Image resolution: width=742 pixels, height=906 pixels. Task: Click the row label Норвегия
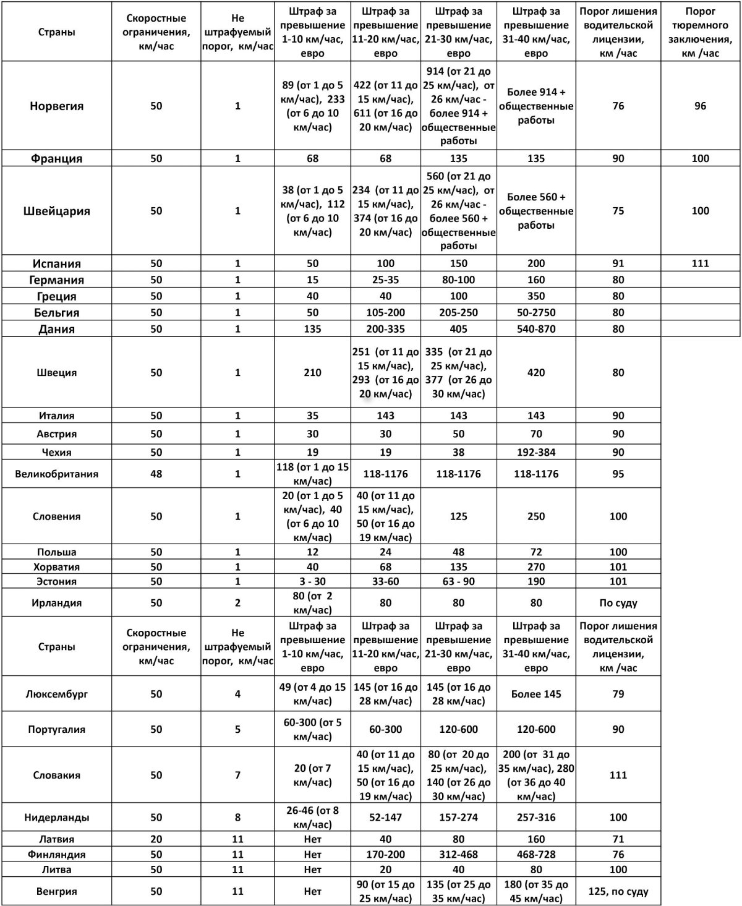pyautogui.click(x=56, y=106)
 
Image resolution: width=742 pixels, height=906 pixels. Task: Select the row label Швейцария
pyautogui.click(x=56, y=211)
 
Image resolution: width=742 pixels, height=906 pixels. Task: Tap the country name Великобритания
pyautogui.click(x=56, y=474)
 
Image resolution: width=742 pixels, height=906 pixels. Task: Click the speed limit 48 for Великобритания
pyautogui.click(x=156, y=474)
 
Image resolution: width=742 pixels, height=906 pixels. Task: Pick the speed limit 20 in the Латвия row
pyautogui.click(x=156, y=839)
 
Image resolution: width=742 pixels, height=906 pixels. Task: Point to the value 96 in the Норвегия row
pyautogui.click(x=700, y=106)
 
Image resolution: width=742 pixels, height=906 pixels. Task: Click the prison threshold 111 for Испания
pyautogui.click(x=700, y=263)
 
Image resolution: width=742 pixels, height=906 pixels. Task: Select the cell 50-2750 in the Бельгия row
pyautogui.click(x=536, y=312)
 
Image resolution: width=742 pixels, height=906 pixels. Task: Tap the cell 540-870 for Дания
pyautogui.click(x=536, y=329)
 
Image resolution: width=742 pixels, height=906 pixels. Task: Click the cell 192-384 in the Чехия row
pyautogui.click(x=536, y=452)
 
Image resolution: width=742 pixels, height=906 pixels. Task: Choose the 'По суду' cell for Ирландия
pyautogui.click(x=618, y=603)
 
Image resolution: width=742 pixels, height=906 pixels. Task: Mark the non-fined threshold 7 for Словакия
pyautogui.click(x=238, y=775)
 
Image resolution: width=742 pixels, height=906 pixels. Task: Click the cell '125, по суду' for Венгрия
pyautogui.click(x=618, y=891)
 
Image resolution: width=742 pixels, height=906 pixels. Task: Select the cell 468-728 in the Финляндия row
pyautogui.click(x=536, y=855)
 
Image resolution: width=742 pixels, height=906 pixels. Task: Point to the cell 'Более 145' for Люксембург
pyautogui.click(x=536, y=694)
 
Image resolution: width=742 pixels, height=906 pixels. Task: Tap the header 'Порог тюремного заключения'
pyautogui.click(x=700, y=32)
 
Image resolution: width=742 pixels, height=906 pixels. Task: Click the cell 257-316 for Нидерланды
pyautogui.click(x=536, y=818)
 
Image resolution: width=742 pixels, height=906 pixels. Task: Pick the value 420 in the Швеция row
pyautogui.click(x=536, y=373)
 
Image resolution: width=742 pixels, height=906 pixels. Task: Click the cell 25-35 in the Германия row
pyautogui.click(x=385, y=280)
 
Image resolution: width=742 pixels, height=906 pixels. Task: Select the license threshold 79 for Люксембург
pyautogui.click(x=618, y=694)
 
